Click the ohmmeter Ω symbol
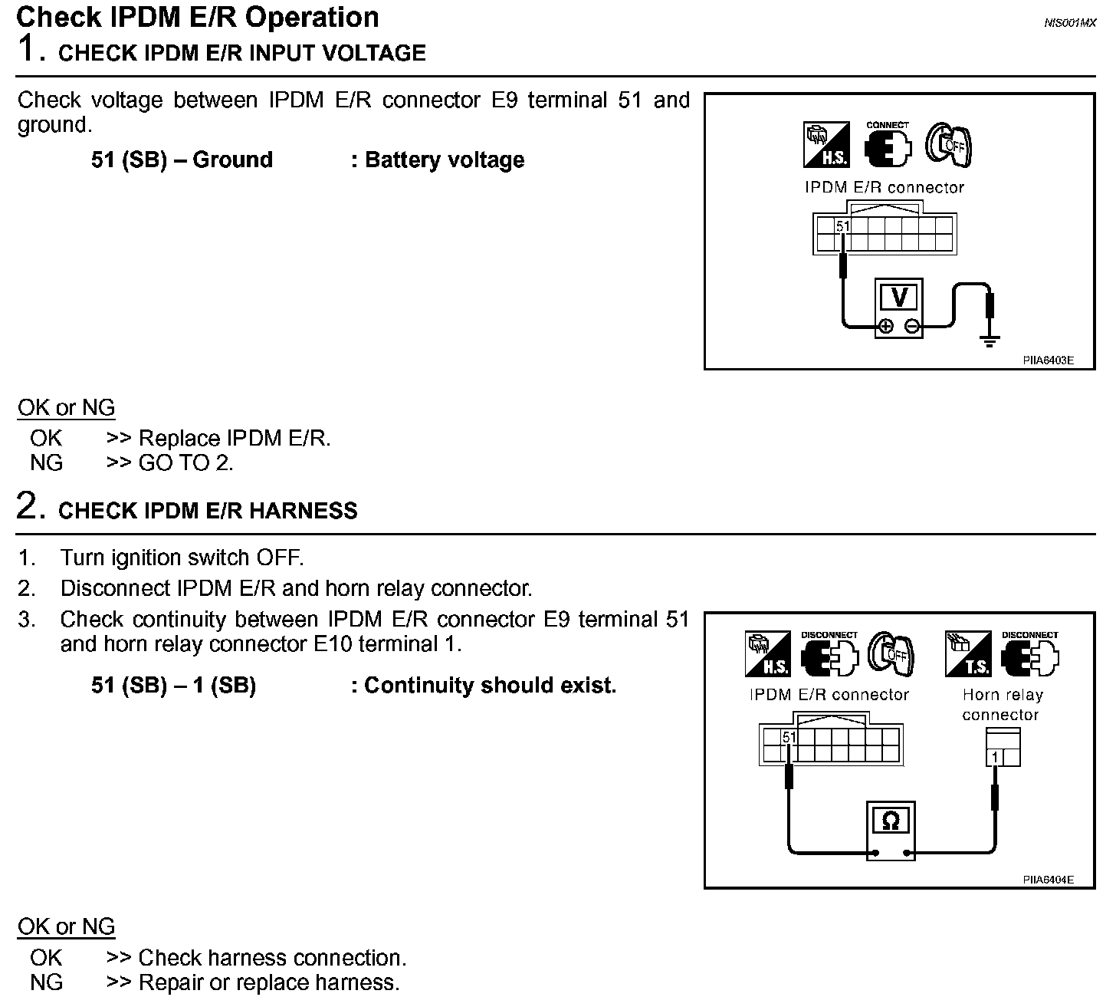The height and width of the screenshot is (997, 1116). [891, 821]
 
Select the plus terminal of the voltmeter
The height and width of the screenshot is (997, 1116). [885, 326]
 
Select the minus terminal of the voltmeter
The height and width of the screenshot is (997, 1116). [912, 326]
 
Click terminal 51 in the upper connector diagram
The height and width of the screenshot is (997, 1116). [843, 227]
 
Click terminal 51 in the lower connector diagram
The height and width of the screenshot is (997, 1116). [789, 738]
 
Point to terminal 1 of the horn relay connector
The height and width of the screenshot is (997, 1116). [995, 758]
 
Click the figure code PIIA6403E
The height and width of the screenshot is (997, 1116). [1048, 360]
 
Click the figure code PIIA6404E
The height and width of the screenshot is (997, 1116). [1048, 880]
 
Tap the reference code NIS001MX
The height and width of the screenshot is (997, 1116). [1070, 23]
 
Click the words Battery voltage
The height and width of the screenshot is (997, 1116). [445, 160]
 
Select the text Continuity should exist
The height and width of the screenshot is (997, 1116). [490, 686]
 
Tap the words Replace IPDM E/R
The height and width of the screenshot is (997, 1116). [234, 439]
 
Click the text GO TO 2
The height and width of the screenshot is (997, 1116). [185, 463]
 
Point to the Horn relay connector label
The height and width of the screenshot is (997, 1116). [1002, 705]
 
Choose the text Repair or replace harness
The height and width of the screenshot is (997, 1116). [268, 982]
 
